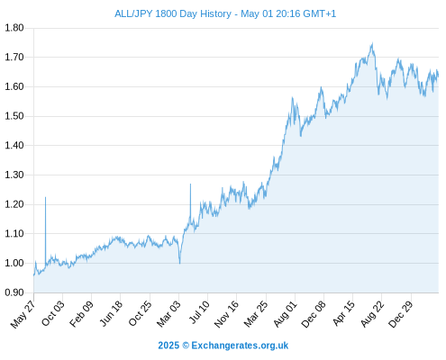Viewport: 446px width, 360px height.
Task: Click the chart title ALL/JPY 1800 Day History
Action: (173, 13)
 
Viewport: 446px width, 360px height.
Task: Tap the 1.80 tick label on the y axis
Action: (14, 28)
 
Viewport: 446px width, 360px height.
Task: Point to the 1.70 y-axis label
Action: (14, 57)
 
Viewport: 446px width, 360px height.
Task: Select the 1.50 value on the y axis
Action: (14, 116)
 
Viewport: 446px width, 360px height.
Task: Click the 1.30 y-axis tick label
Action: (14, 175)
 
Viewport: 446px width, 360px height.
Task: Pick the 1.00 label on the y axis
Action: (14, 263)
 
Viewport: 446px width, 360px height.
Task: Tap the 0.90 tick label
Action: (14, 292)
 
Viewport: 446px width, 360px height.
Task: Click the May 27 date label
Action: (23, 314)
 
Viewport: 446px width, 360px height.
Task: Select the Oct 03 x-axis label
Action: (52, 313)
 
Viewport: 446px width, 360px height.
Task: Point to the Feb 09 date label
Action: (81, 314)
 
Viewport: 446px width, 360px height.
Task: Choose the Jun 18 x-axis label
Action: (111, 313)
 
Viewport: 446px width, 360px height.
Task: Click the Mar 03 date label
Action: (168, 314)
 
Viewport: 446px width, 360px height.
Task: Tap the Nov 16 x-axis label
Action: (226, 314)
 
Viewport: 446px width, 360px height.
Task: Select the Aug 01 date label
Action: (285, 314)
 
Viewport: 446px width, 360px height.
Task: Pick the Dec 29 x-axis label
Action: (401, 314)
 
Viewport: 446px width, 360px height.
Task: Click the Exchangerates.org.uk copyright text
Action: (223, 346)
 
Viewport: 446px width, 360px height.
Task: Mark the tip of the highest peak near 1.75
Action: (372, 43)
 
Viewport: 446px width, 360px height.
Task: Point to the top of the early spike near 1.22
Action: (46, 197)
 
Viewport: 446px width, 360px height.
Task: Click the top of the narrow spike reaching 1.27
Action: (190, 184)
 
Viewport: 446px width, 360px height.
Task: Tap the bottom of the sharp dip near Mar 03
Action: (180, 264)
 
